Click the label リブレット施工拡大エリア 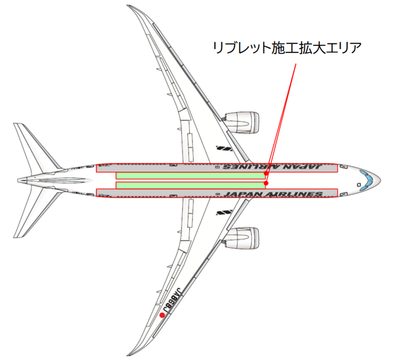(288, 48)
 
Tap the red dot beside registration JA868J (162, 315)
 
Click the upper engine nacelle (242, 123)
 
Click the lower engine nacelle (242, 238)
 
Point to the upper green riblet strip (191, 175)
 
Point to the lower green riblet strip (191, 185)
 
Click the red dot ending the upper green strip (266, 173)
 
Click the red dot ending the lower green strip (266, 183)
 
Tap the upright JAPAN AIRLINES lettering (273, 194)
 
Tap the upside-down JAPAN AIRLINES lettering (272, 167)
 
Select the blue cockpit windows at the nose (367, 181)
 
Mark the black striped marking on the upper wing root (224, 149)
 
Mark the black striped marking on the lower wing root (224, 213)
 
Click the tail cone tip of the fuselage (18, 181)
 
